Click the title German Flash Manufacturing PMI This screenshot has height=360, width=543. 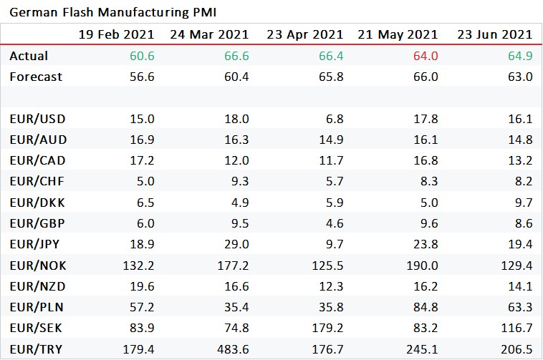[x=113, y=13]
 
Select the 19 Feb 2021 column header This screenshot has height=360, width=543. [x=116, y=34]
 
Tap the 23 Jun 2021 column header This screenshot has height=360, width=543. [x=494, y=34]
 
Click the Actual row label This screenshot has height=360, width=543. [x=29, y=55]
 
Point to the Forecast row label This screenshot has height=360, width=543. [x=35, y=77]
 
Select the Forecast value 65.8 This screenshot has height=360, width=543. [x=330, y=77]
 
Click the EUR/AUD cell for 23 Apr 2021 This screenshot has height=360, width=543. [x=330, y=139]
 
